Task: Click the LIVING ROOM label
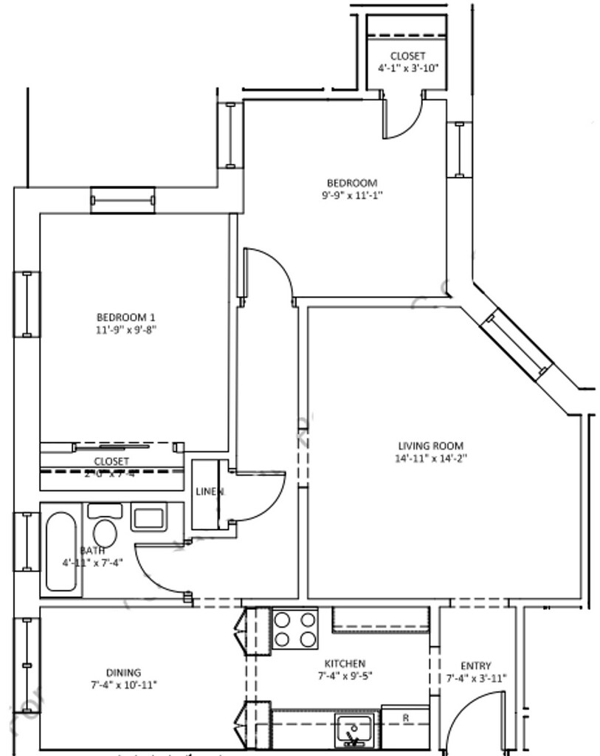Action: (430, 446)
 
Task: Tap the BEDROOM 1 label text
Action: (125, 317)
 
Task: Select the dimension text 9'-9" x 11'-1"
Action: (352, 196)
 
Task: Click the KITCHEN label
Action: (345, 664)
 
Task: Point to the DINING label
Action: (123, 673)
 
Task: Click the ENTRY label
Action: (475, 666)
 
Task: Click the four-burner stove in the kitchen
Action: (294, 629)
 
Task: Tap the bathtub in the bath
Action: (61, 551)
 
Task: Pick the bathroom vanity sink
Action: (149, 517)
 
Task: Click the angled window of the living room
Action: (517, 344)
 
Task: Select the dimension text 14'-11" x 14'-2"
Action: (431, 458)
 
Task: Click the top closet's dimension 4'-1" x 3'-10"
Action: (407, 68)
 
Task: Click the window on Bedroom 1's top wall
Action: (123, 200)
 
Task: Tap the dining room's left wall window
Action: (27, 664)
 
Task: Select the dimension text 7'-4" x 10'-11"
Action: (123, 684)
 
